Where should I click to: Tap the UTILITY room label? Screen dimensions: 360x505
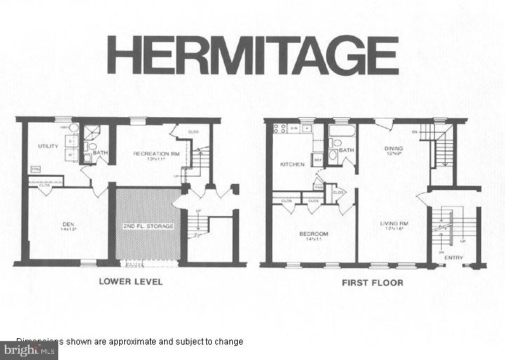pyautogui.click(x=47, y=146)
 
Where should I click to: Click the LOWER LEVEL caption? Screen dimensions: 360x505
pyautogui.click(x=130, y=282)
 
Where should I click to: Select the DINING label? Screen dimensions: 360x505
pyautogui.click(x=393, y=149)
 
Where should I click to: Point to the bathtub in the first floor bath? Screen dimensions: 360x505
pyautogui.click(x=342, y=131)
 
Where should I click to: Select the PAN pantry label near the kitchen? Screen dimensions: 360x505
pyautogui.click(x=318, y=187)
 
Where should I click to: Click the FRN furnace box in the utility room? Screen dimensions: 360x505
pyautogui.click(x=35, y=169)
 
